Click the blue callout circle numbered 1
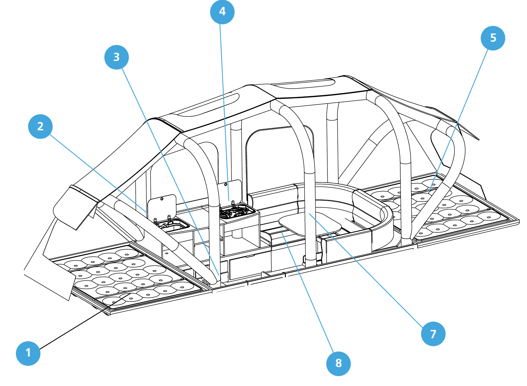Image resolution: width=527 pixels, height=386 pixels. click(x=28, y=353)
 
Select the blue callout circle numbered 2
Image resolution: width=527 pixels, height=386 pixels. click(x=40, y=126)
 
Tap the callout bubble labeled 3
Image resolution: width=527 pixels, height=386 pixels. click(x=116, y=57)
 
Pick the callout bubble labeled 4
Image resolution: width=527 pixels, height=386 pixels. click(x=222, y=12)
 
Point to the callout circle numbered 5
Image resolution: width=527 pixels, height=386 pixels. click(x=493, y=38)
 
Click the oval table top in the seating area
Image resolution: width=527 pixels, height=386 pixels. click(x=310, y=224)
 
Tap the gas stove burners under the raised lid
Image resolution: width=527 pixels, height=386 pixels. click(x=236, y=212)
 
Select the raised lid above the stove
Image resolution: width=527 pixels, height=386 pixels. click(x=230, y=191)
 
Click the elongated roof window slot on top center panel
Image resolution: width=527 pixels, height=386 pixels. click(x=305, y=84)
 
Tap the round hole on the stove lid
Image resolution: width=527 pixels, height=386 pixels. click(x=226, y=184)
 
